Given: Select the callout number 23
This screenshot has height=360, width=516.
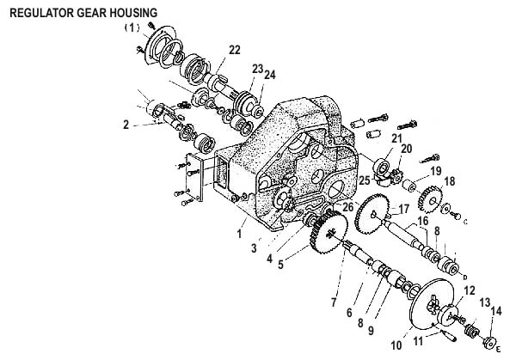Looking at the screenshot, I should click(x=257, y=68).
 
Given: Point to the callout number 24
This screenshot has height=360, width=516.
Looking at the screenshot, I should click(x=270, y=74).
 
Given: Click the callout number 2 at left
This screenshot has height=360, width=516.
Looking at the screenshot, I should click(x=126, y=125).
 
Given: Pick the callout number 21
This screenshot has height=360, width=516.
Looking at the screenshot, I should click(x=396, y=137).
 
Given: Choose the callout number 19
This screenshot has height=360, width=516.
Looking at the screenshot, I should click(x=435, y=172).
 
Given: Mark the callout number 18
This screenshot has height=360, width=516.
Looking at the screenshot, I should click(x=448, y=182).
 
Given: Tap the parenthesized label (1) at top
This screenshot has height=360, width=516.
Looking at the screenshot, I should click(x=132, y=27).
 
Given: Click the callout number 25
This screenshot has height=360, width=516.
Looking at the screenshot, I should click(x=365, y=181).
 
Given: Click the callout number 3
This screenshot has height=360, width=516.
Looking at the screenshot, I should click(x=253, y=248).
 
